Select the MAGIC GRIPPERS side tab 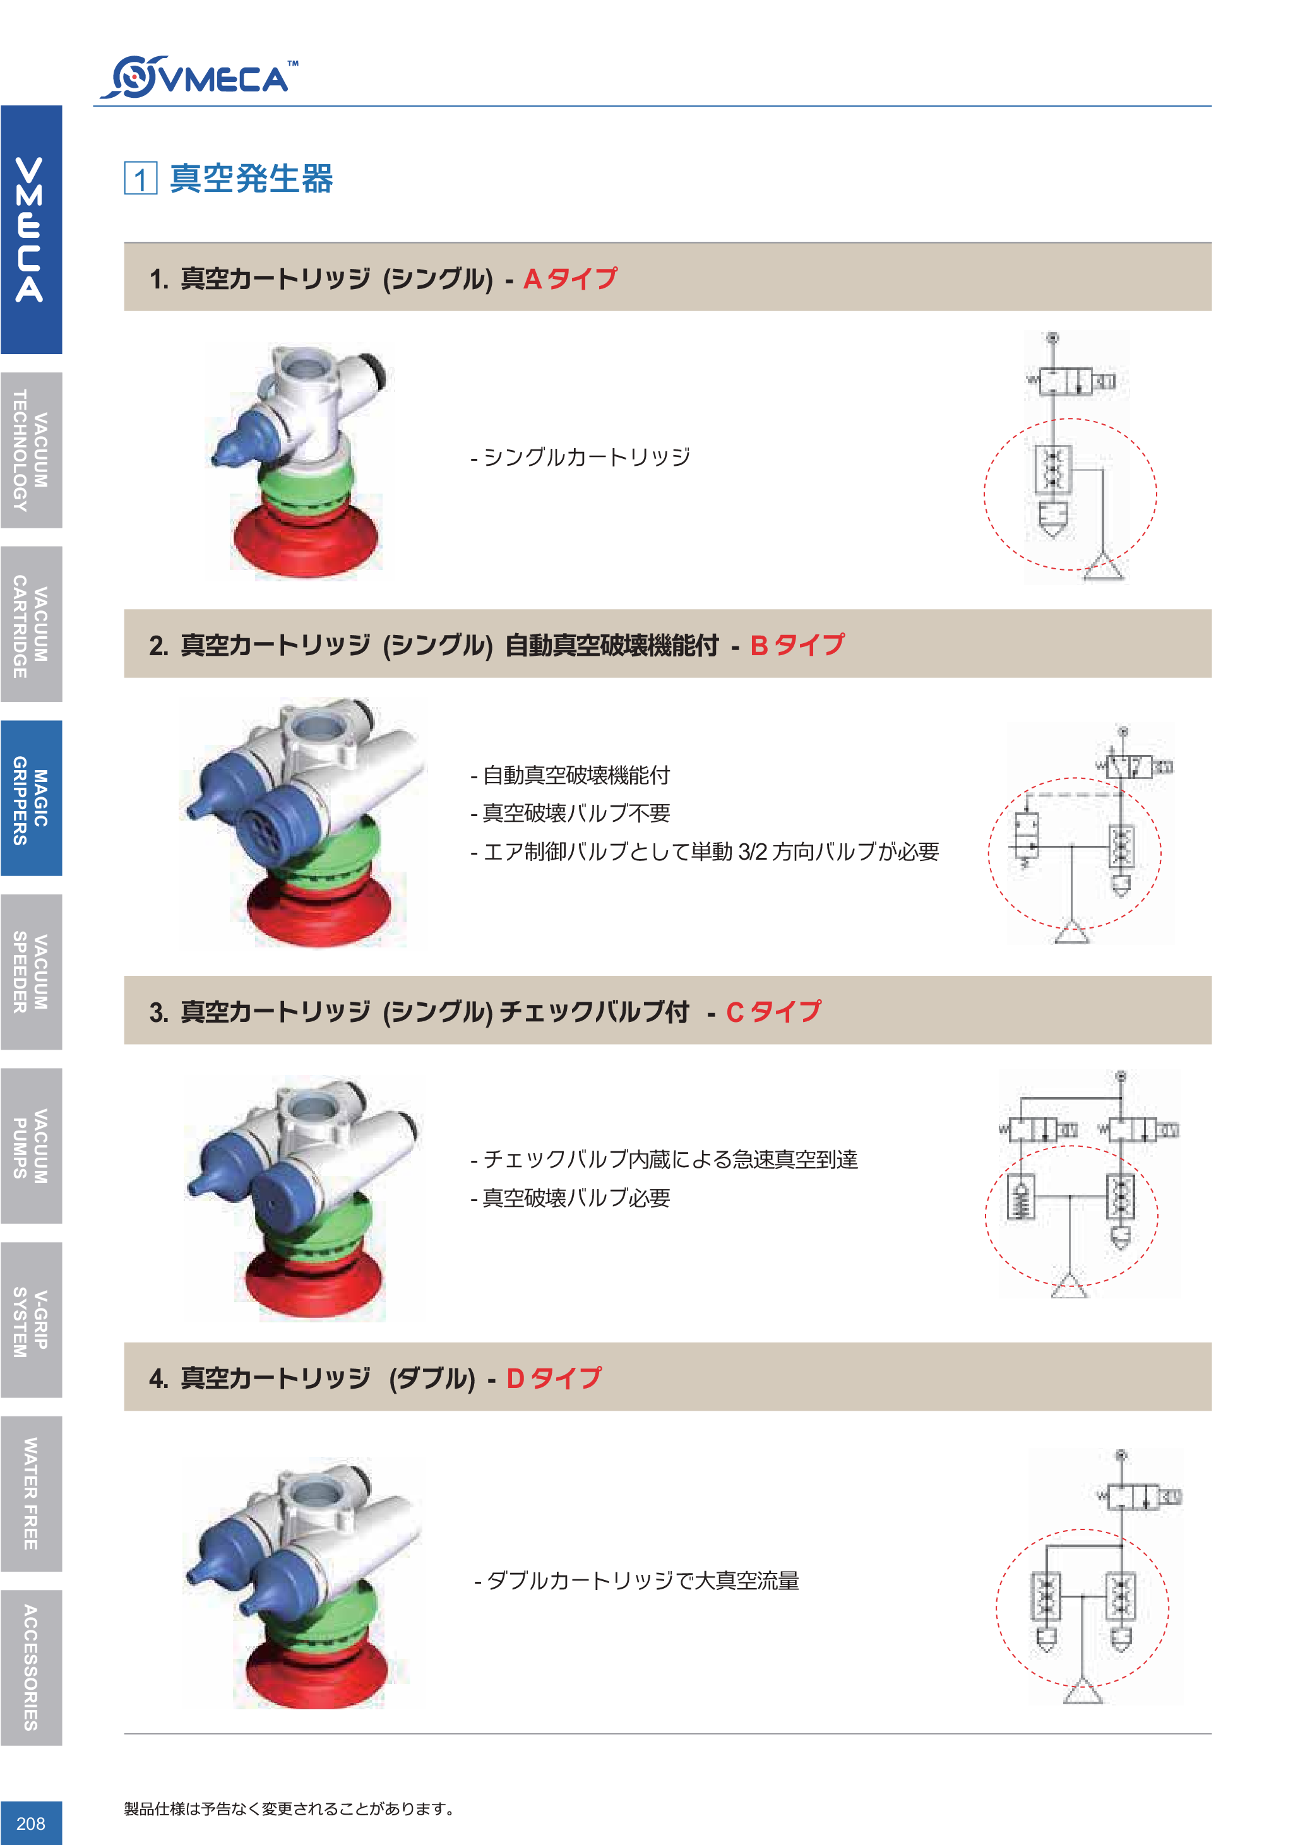(30, 798)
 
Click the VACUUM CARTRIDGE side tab (30, 624)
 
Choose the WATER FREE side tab (30, 1493)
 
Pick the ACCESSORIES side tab (30, 1668)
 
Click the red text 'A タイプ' (569, 279)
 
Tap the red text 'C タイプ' (773, 1012)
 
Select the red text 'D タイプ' (553, 1378)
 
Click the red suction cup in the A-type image (306, 540)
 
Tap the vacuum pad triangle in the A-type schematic (1104, 567)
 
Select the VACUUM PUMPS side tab (30, 1146)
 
